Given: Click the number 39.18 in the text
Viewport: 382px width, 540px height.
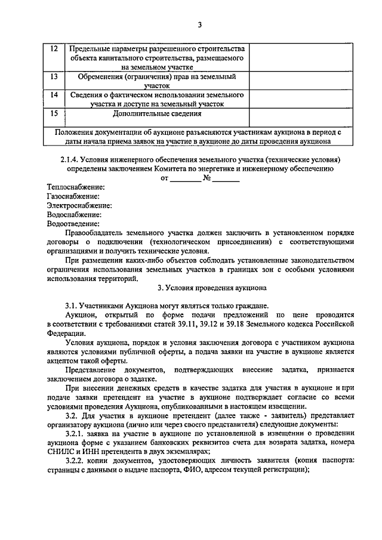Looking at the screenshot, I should (x=244, y=324).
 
